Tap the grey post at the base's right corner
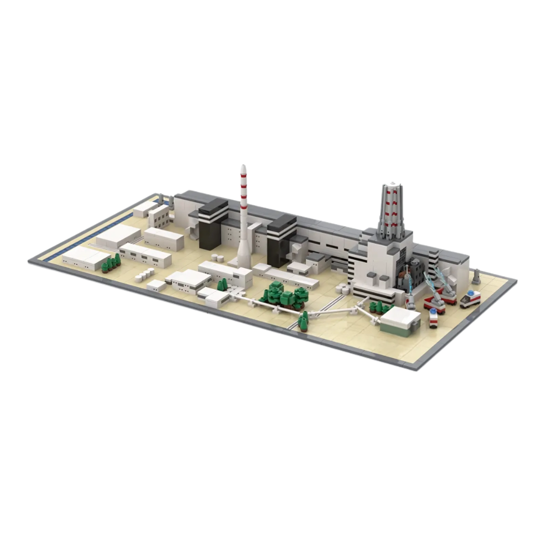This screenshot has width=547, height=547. pos(476,277)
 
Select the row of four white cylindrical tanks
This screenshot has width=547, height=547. pos(145,275)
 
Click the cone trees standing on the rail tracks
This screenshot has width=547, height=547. pos(303,322)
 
